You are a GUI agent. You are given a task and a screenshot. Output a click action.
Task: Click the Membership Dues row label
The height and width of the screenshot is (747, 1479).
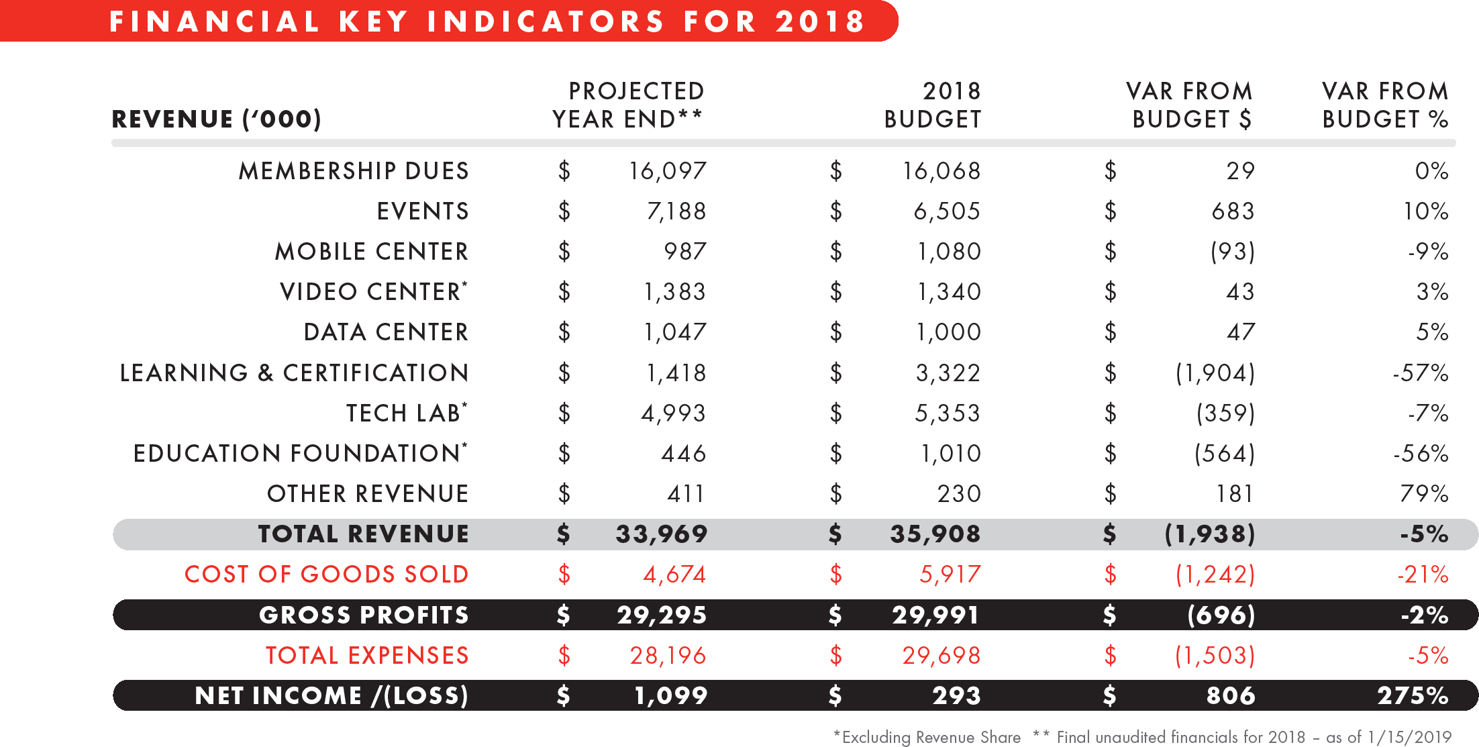click(354, 171)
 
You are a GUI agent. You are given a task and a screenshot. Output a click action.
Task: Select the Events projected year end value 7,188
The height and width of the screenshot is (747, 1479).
click(676, 211)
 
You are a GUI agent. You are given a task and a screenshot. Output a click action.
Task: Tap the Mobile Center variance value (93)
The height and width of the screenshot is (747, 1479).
click(1232, 252)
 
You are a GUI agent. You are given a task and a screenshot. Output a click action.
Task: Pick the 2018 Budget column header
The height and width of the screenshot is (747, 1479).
click(933, 105)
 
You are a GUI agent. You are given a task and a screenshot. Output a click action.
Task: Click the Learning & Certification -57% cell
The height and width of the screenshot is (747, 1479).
click(1420, 373)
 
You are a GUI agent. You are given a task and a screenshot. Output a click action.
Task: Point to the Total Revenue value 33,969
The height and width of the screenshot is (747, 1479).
click(662, 534)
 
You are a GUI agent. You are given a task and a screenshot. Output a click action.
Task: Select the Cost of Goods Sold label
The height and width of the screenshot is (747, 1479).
click(326, 575)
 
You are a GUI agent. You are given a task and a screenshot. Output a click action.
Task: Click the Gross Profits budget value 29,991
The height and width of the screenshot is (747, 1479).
click(935, 615)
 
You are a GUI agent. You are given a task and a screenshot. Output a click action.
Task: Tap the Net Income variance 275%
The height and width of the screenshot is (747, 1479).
click(1413, 696)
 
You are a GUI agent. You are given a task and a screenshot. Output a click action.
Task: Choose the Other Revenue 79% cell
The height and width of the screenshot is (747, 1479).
click(1424, 494)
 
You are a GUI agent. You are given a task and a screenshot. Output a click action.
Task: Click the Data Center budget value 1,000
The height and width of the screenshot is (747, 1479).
click(949, 332)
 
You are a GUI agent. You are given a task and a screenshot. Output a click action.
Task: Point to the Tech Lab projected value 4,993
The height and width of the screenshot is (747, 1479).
click(674, 413)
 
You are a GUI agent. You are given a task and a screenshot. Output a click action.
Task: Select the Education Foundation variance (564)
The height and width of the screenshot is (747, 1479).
click(1225, 454)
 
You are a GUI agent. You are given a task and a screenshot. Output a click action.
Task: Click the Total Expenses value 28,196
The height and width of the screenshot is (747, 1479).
click(668, 656)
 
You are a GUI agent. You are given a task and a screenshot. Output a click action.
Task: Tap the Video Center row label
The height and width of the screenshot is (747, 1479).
click(373, 292)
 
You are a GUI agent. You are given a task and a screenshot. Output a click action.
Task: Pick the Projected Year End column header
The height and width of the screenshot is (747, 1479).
click(628, 105)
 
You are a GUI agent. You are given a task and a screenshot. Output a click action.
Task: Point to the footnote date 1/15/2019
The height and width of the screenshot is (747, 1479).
click(1409, 738)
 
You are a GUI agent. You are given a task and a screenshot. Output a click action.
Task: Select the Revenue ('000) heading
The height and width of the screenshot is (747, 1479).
click(216, 119)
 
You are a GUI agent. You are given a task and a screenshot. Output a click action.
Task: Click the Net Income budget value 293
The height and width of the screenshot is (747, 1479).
click(956, 696)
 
